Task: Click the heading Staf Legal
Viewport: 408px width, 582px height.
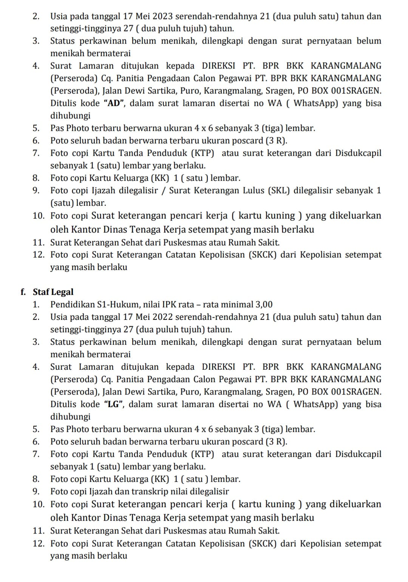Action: pyautogui.click(x=53, y=292)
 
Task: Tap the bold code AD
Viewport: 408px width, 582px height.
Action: pyautogui.click(x=114, y=103)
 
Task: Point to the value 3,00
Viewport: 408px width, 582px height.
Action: pyautogui.click(x=264, y=304)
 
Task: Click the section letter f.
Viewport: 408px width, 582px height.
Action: pyautogui.click(x=23, y=292)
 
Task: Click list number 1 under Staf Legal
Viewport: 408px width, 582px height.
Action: pyautogui.click(x=36, y=304)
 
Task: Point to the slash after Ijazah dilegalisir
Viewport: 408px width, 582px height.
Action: pyautogui.click(x=164, y=190)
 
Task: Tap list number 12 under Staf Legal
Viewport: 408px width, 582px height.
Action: pyautogui.click(x=39, y=544)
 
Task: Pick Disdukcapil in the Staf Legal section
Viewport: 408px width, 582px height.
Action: pyautogui.click(x=358, y=454)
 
